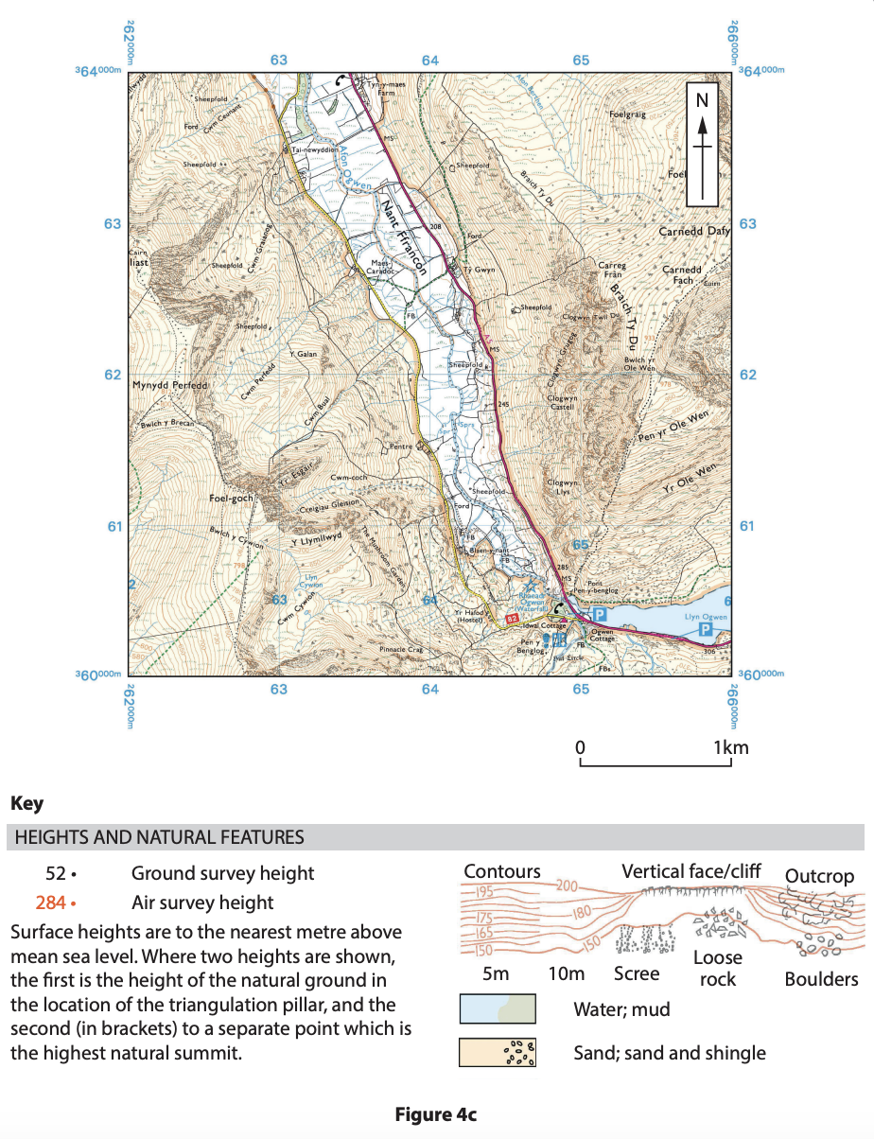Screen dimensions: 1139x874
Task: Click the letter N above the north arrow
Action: tap(702, 97)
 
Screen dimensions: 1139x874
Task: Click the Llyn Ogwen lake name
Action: tap(706, 617)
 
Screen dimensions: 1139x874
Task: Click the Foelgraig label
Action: tap(627, 114)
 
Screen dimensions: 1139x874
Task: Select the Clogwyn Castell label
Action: tap(568, 403)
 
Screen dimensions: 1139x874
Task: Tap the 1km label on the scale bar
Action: tap(730, 747)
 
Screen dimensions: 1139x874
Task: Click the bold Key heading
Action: tap(26, 804)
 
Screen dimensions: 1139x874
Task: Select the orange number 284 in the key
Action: tap(49, 902)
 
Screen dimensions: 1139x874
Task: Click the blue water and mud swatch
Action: tap(497, 1008)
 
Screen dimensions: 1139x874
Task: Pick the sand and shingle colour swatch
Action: tap(497, 1053)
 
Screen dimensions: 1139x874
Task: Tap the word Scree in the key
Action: tap(636, 973)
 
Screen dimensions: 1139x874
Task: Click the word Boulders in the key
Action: tap(821, 979)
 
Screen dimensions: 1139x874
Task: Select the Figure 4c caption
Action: tap(436, 1114)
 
